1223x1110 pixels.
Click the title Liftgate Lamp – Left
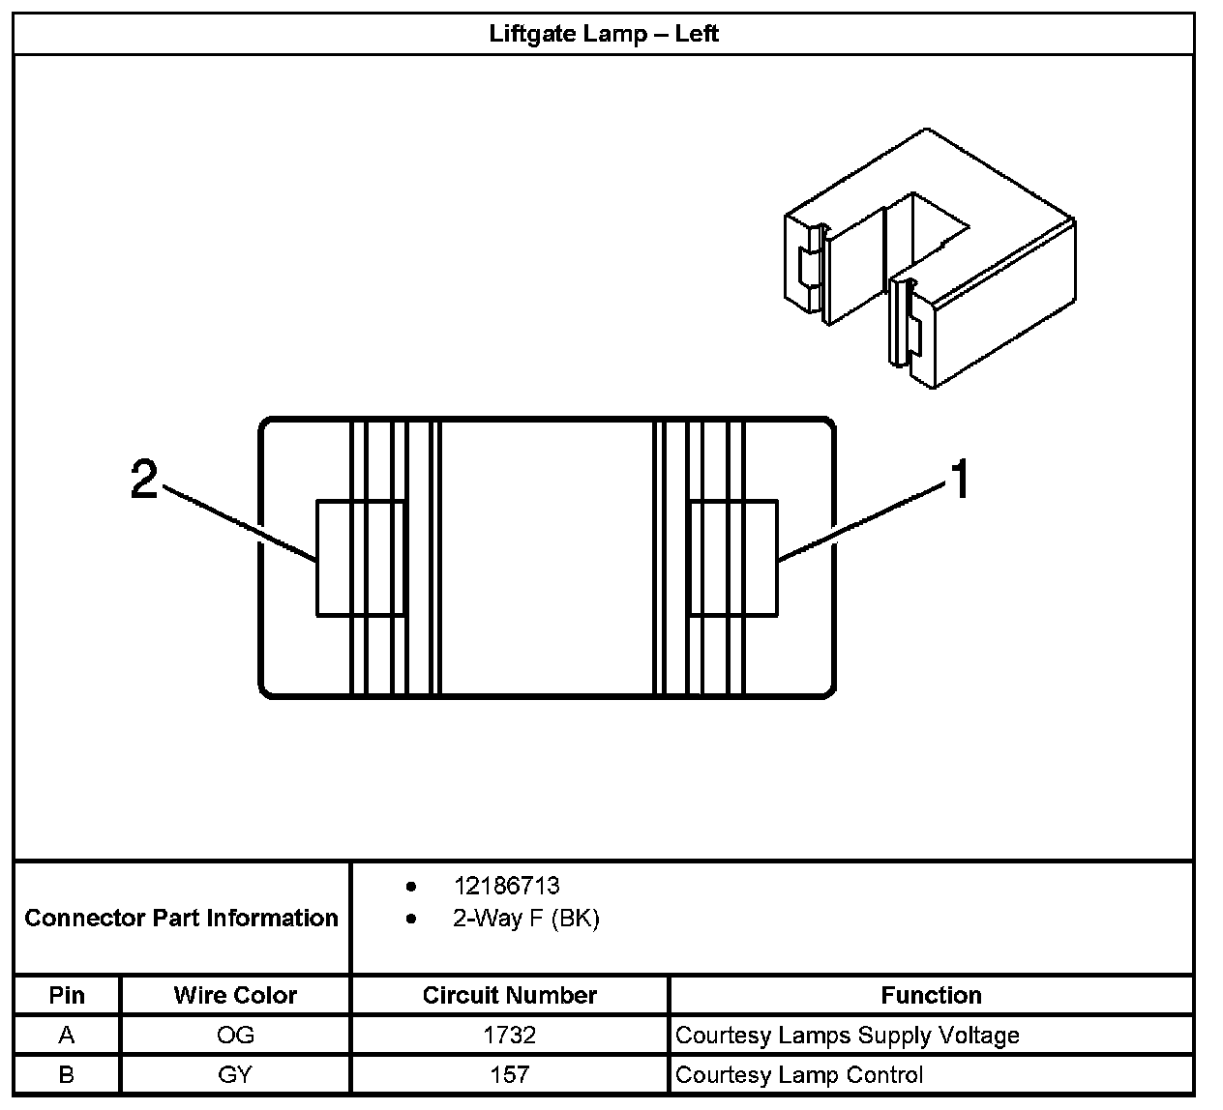pos(603,34)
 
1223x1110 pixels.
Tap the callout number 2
pos(144,479)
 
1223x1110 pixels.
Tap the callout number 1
pos(959,480)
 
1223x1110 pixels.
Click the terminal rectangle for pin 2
pos(360,557)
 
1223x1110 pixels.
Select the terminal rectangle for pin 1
pos(731,557)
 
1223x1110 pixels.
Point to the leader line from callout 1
pos(861,522)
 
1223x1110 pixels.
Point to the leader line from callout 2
pos(242,523)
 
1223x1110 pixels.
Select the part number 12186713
pos(506,886)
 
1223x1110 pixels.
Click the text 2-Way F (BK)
pos(525,918)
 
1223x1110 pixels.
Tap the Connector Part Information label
pos(181,918)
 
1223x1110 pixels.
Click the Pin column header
pos(67,995)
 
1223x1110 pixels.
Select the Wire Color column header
pos(235,995)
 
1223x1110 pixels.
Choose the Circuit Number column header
pos(510,995)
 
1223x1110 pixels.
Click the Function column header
pos(931,995)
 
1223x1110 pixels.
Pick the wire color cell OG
pos(235,1036)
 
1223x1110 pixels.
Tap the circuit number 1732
pos(510,1036)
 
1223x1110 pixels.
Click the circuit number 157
pos(510,1074)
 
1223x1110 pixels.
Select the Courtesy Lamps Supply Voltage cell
pos(848,1036)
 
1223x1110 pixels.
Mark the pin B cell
pos(67,1074)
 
